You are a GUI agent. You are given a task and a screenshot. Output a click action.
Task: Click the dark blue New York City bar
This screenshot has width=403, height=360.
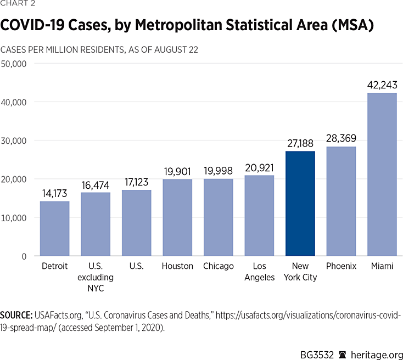300,204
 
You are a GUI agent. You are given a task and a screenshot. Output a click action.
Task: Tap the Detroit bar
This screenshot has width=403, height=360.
54,228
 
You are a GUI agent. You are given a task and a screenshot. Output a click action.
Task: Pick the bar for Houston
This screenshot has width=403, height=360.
177,217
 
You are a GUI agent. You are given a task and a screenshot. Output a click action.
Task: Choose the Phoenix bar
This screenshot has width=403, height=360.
341,201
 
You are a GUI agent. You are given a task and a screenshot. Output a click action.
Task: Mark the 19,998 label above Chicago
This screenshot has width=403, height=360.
218,170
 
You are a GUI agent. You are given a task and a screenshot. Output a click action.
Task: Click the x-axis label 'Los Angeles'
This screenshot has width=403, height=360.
259,272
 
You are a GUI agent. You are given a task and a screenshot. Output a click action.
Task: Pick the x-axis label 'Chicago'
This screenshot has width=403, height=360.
218,266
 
